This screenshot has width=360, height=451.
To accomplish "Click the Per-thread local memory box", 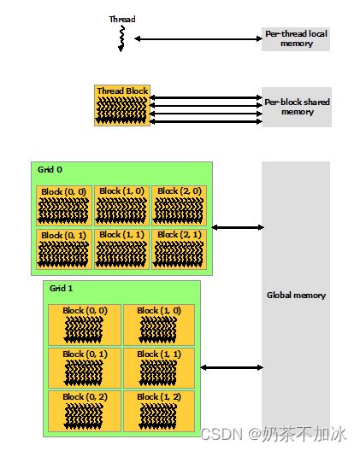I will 295,38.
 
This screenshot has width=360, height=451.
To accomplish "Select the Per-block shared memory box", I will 295,106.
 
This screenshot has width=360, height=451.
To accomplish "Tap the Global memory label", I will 295,296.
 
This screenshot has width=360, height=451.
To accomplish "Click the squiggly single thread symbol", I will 121,38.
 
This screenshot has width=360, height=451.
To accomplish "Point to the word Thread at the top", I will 121,19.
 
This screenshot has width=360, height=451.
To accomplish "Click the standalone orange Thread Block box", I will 122,105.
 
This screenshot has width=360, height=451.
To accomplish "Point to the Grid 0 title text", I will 50,170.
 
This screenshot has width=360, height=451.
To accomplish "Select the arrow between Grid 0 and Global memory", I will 237,227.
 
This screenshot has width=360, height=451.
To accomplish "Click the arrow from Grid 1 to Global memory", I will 231,367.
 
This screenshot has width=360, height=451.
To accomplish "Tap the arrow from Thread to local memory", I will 198,38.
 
